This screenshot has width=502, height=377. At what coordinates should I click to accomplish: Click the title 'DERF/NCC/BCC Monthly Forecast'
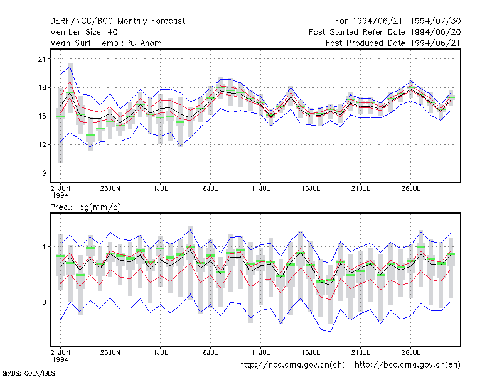[x=117, y=21]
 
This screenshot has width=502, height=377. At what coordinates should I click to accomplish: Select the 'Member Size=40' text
[x=84, y=32]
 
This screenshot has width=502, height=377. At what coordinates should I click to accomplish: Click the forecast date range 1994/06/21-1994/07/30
[x=398, y=21]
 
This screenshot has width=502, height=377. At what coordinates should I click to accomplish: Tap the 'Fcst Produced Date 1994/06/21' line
[x=393, y=43]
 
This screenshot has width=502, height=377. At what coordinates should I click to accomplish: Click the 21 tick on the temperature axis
[x=42, y=59]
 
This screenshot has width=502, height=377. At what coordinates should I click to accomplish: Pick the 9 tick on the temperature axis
[x=44, y=173]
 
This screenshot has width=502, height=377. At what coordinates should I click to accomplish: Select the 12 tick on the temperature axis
[x=42, y=145]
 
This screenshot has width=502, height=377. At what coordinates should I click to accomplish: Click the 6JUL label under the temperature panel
[x=210, y=188]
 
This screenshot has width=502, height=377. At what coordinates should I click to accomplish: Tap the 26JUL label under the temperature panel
[x=411, y=188]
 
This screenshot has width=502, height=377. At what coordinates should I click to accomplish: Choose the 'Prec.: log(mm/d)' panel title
[x=85, y=207]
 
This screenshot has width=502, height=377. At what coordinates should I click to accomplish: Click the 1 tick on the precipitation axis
[x=44, y=247]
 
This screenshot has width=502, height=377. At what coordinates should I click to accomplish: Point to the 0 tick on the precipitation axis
[x=44, y=302]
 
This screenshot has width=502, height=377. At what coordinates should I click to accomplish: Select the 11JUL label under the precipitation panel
[x=260, y=352]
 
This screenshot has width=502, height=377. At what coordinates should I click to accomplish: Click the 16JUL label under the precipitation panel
[x=311, y=352]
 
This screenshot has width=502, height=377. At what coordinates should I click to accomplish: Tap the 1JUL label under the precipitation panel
[x=161, y=352]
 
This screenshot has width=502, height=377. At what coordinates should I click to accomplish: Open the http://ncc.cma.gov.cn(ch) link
[x=292, y=365]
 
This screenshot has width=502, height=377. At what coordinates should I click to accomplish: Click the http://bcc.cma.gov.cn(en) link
[x=407, y=365]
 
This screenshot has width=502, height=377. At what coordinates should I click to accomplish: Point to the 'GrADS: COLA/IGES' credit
[x=28, y=373]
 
